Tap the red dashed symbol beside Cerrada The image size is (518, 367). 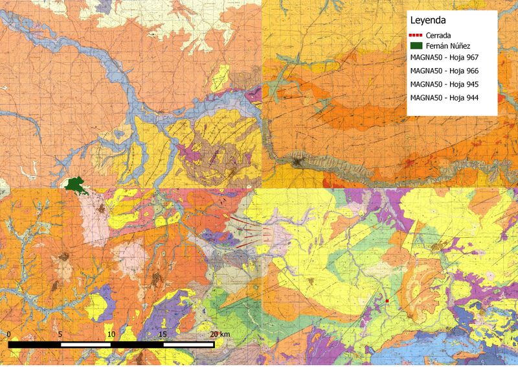[416, 35]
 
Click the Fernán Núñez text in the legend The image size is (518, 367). [449, 46]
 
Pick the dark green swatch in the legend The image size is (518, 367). [416, 46]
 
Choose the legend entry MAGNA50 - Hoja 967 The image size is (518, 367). [448, 58]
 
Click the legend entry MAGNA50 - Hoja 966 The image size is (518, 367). [448, 71]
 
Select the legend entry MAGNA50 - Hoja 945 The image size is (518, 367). [448, 84]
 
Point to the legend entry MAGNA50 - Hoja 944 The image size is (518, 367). [448, 97]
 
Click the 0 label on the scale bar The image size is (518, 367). [10, 334]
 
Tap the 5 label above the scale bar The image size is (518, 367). [60, 334]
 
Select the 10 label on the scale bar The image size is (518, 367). [111, 334]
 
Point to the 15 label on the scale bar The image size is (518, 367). [162, 334]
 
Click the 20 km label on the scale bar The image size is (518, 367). [220, 334]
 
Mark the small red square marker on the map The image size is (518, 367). [387, 302]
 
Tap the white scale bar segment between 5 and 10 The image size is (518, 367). [85, 344]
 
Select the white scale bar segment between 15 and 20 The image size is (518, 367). [188, 344]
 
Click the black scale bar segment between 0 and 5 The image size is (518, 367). [35, 344]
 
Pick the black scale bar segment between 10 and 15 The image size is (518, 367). [137, 344]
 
